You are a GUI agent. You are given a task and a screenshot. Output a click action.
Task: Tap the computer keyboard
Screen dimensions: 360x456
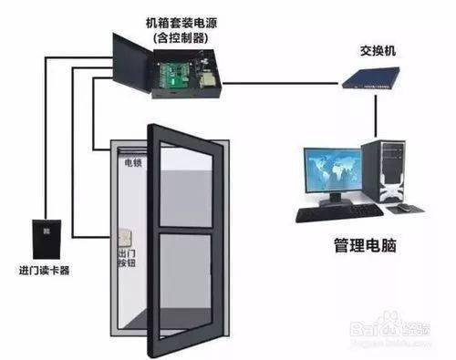tap(337, 212)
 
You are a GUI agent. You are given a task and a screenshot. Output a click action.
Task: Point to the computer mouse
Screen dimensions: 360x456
tap(398, 209)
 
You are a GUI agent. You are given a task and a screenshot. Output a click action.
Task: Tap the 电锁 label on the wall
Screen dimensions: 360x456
tap(132, 164)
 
